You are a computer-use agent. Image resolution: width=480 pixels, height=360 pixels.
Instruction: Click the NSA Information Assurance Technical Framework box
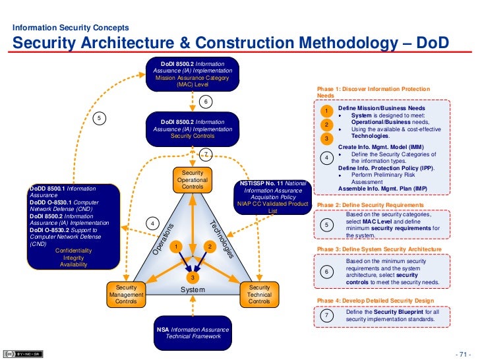click(x=192, y=332)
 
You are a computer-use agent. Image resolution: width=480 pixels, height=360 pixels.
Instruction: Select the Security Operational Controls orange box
click(x=193, y=180)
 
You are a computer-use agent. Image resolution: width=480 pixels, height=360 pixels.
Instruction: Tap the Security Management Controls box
click(x=126, y=295)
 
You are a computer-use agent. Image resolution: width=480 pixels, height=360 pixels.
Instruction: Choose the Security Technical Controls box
click(x=259, y=295)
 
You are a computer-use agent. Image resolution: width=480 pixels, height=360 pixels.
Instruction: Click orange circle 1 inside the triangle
click(x=175, y=247)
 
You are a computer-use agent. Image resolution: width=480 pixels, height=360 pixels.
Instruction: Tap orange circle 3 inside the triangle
click(x=193, y=278)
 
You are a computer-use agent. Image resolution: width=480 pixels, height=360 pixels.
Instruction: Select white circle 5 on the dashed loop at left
click(x=99, y=118)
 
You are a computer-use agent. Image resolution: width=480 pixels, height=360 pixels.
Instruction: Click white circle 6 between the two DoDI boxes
click(x=205, y=102)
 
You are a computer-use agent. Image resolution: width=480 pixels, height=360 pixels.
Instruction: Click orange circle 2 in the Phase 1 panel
click(x=326, y=124)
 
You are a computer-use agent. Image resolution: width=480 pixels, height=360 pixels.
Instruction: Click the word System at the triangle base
click(x=193, y=290)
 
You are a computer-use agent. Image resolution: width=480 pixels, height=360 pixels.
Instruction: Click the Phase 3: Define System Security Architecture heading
click(x=379, y=249)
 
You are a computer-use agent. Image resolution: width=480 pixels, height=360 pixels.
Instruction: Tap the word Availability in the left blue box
click(x=73, y=264)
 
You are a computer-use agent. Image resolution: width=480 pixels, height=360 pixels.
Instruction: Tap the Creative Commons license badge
click(x=19, y=353)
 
